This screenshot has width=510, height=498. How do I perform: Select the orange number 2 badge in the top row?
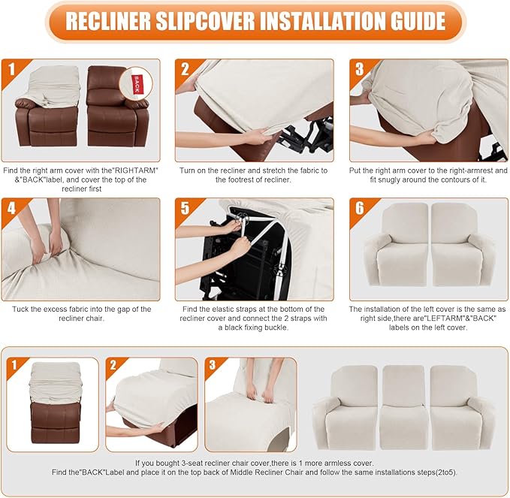(185, 69)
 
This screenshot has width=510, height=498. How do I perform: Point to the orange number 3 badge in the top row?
(359, 69)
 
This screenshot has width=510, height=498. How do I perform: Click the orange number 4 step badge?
(11, 208)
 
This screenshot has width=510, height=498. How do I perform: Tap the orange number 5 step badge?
(185, 208)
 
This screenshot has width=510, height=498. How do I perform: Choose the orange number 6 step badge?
(359, 208)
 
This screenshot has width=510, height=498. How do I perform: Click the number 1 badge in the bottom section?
(14, 367)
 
